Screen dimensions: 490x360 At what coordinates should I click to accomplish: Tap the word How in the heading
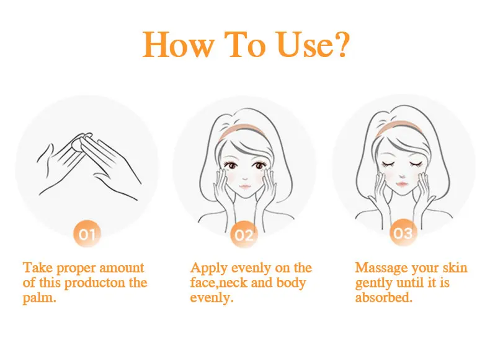click(179, 45)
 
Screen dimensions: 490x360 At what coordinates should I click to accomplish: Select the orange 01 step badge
click(87, 234)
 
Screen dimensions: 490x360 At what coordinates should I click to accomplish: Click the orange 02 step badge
click(244, 234)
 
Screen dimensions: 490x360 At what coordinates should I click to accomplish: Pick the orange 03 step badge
click(403, 232)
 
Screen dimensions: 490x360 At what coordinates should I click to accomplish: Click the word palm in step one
click(39, 298)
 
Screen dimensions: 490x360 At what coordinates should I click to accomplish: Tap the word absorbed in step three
click(384, 297)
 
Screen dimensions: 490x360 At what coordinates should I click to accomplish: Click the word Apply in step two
click(209, 268)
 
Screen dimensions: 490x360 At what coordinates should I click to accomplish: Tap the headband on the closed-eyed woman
click(399, 128)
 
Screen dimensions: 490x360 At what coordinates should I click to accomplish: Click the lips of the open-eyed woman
click(245, 187)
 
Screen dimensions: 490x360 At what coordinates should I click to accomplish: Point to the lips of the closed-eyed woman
click(402, 183)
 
